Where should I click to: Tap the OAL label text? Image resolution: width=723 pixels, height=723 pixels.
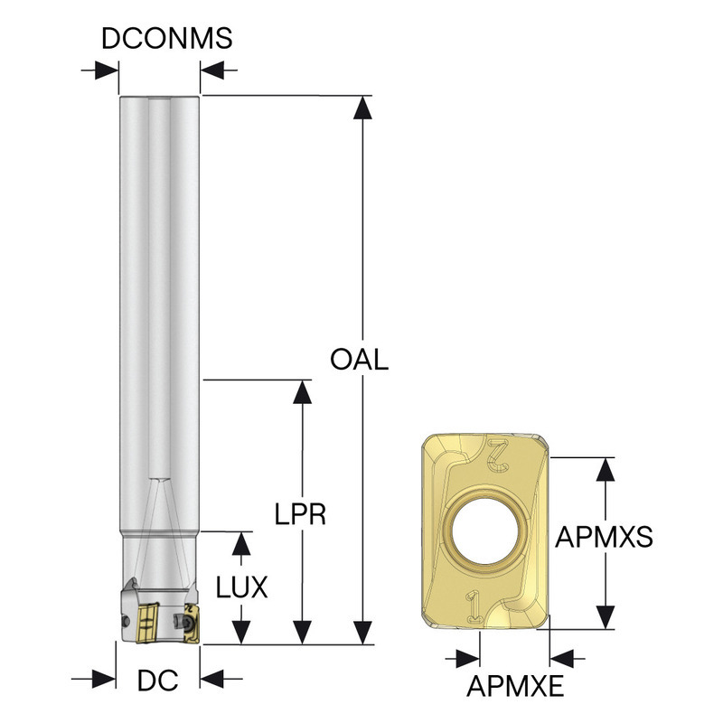tap(359, 360)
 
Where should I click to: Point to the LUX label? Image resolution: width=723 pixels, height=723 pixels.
tap(242, 587)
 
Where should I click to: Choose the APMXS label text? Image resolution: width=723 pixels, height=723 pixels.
tap(604, 537)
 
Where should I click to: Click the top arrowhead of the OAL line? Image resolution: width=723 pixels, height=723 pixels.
tap(362, 106)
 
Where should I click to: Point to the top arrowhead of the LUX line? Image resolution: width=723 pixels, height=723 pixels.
tap(240, 542)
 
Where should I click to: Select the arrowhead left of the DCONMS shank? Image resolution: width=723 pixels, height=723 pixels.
tap(108, 70)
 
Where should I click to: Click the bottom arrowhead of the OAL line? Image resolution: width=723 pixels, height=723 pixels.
tap(362, 634)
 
